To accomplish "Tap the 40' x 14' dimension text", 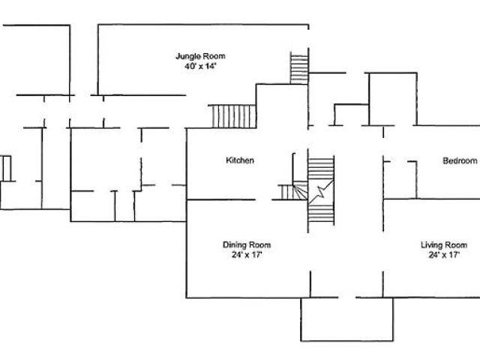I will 199,67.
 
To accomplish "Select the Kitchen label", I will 240,160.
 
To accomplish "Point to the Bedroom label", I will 459,160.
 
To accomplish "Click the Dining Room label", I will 247,245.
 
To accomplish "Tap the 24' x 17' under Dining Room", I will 247,255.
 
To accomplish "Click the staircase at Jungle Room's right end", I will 299,68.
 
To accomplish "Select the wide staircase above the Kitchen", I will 233,116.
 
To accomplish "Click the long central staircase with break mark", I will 320,191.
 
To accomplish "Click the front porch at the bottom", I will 346,319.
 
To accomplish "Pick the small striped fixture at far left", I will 6,168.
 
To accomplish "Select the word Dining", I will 235,245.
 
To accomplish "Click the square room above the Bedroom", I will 391,99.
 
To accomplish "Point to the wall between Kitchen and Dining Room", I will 221,200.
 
